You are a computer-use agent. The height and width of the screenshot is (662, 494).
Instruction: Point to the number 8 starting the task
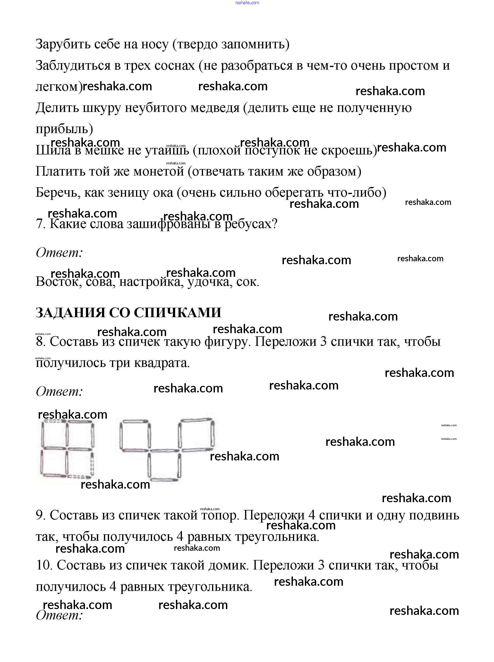point(40,341)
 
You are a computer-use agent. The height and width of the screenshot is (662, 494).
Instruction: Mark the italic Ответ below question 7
point(59,253)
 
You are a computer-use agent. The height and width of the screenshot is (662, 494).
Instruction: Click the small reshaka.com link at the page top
point(247,3)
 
